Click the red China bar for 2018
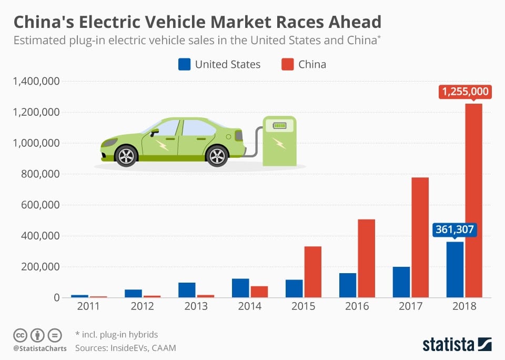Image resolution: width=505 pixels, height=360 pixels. point(473,200)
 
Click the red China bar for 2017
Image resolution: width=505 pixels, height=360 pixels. point(420,237)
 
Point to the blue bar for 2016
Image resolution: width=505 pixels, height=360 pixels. point(348,285)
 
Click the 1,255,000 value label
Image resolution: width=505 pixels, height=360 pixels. point(465,92)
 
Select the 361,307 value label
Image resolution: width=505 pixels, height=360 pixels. point(454,229)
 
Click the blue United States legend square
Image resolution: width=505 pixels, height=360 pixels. point(184,64)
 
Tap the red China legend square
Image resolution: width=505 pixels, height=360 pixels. point(287,64)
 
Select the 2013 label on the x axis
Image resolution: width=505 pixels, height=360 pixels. point(196,306)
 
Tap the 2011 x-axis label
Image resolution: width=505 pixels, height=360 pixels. point(88,306)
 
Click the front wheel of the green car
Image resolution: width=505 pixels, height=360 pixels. point(126,156)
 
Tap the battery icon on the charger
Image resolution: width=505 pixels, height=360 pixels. point(279,126)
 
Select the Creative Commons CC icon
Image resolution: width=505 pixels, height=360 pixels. point(20,335)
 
